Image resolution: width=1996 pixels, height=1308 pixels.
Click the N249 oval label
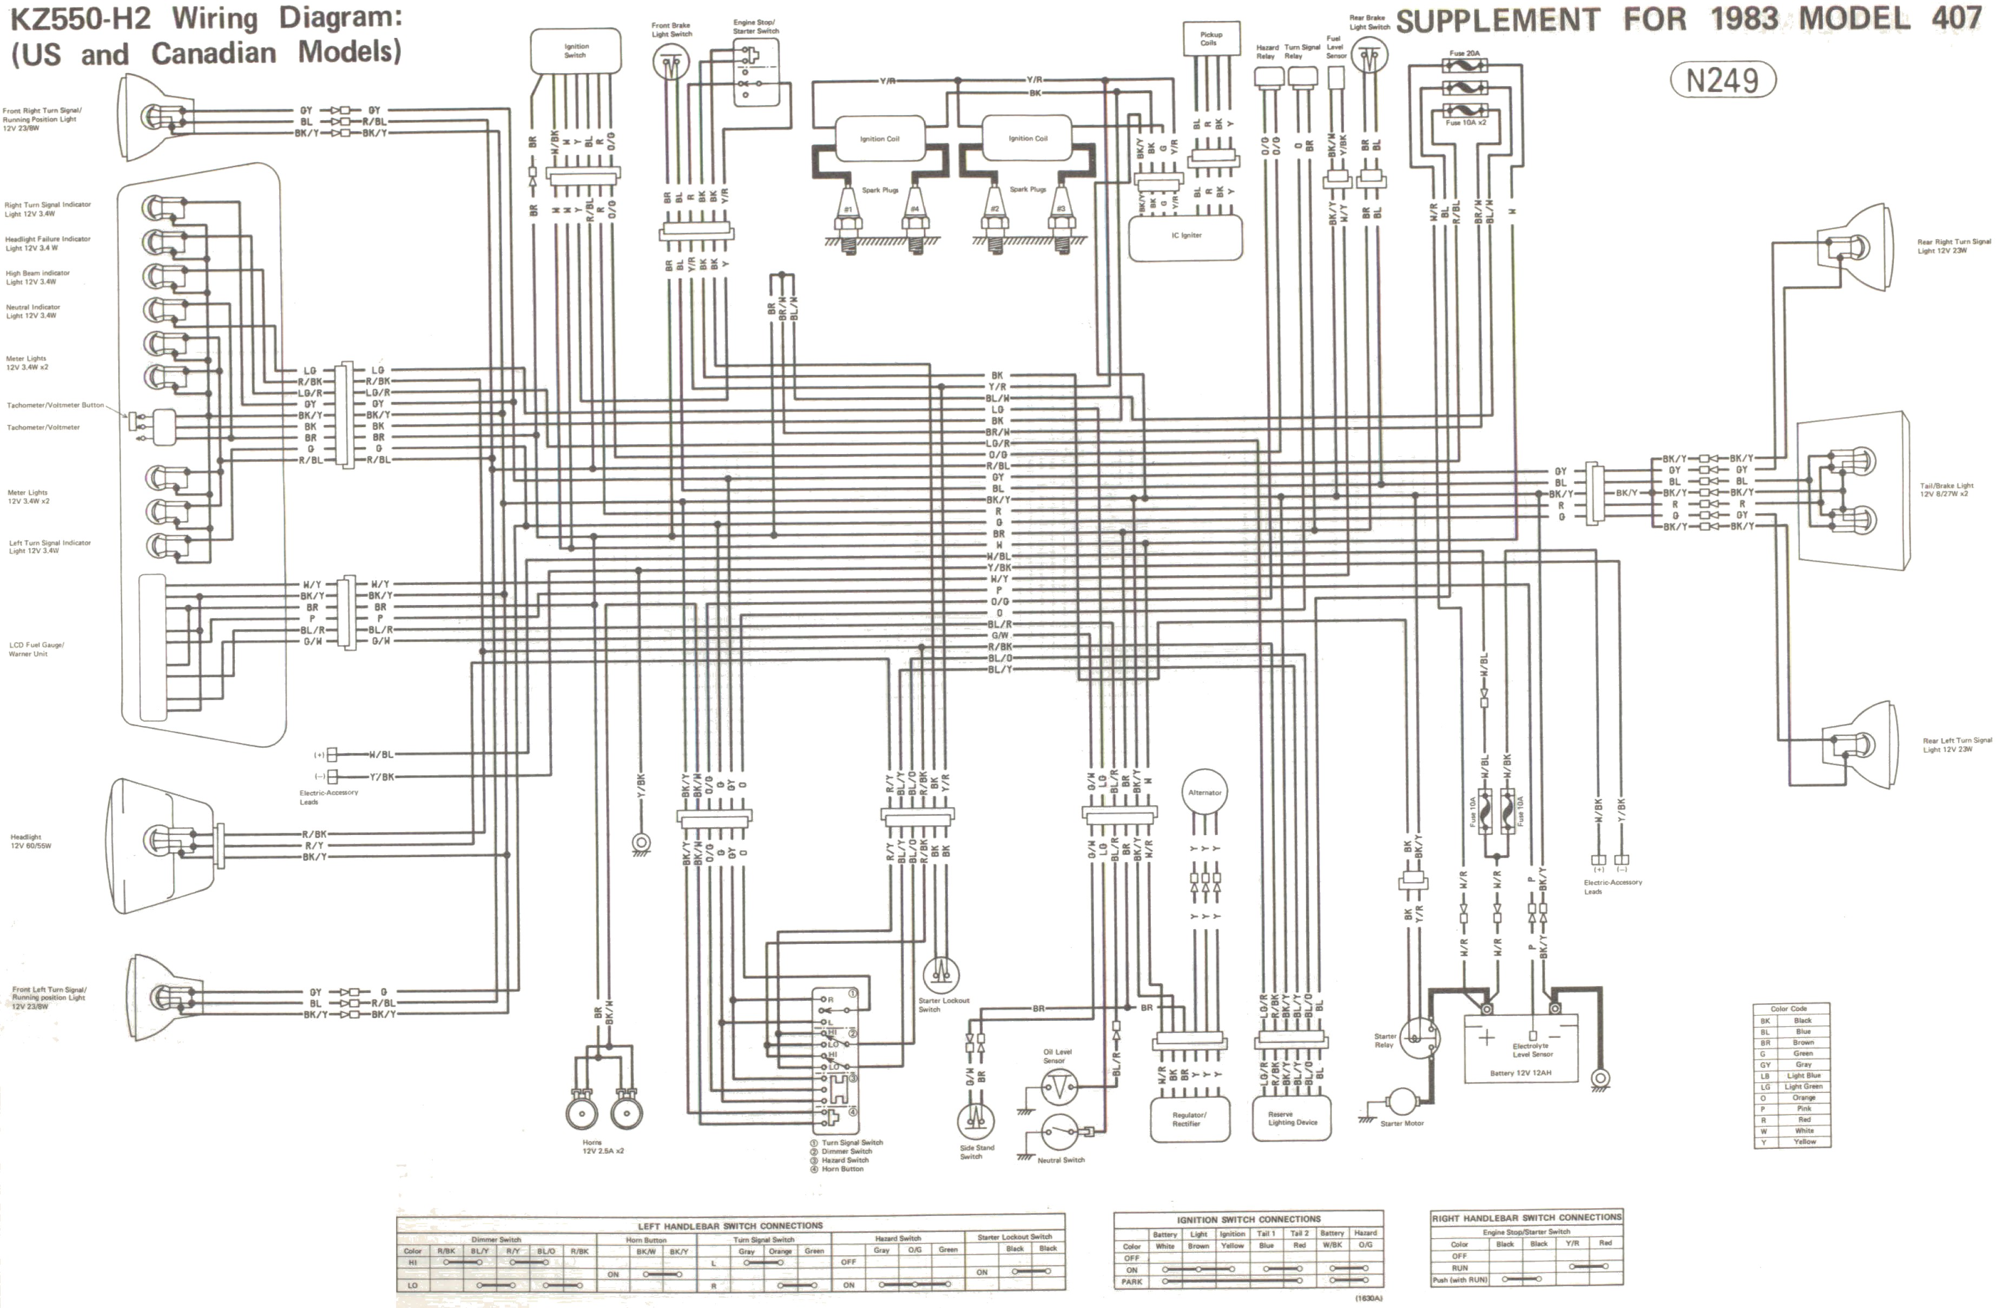(x=1722, y=81)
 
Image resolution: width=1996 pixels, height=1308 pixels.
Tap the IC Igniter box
(x=1186, y=236)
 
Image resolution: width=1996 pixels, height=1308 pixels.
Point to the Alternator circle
(x=1204, y=793)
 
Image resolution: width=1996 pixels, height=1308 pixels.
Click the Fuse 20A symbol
(x=1464, y=64)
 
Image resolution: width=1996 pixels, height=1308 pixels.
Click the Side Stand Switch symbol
(x=976, y=1121)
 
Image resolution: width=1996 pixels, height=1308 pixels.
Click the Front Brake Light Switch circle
(x=670, y=61)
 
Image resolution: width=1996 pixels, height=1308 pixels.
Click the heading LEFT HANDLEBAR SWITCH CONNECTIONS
(x=729, y=1226)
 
